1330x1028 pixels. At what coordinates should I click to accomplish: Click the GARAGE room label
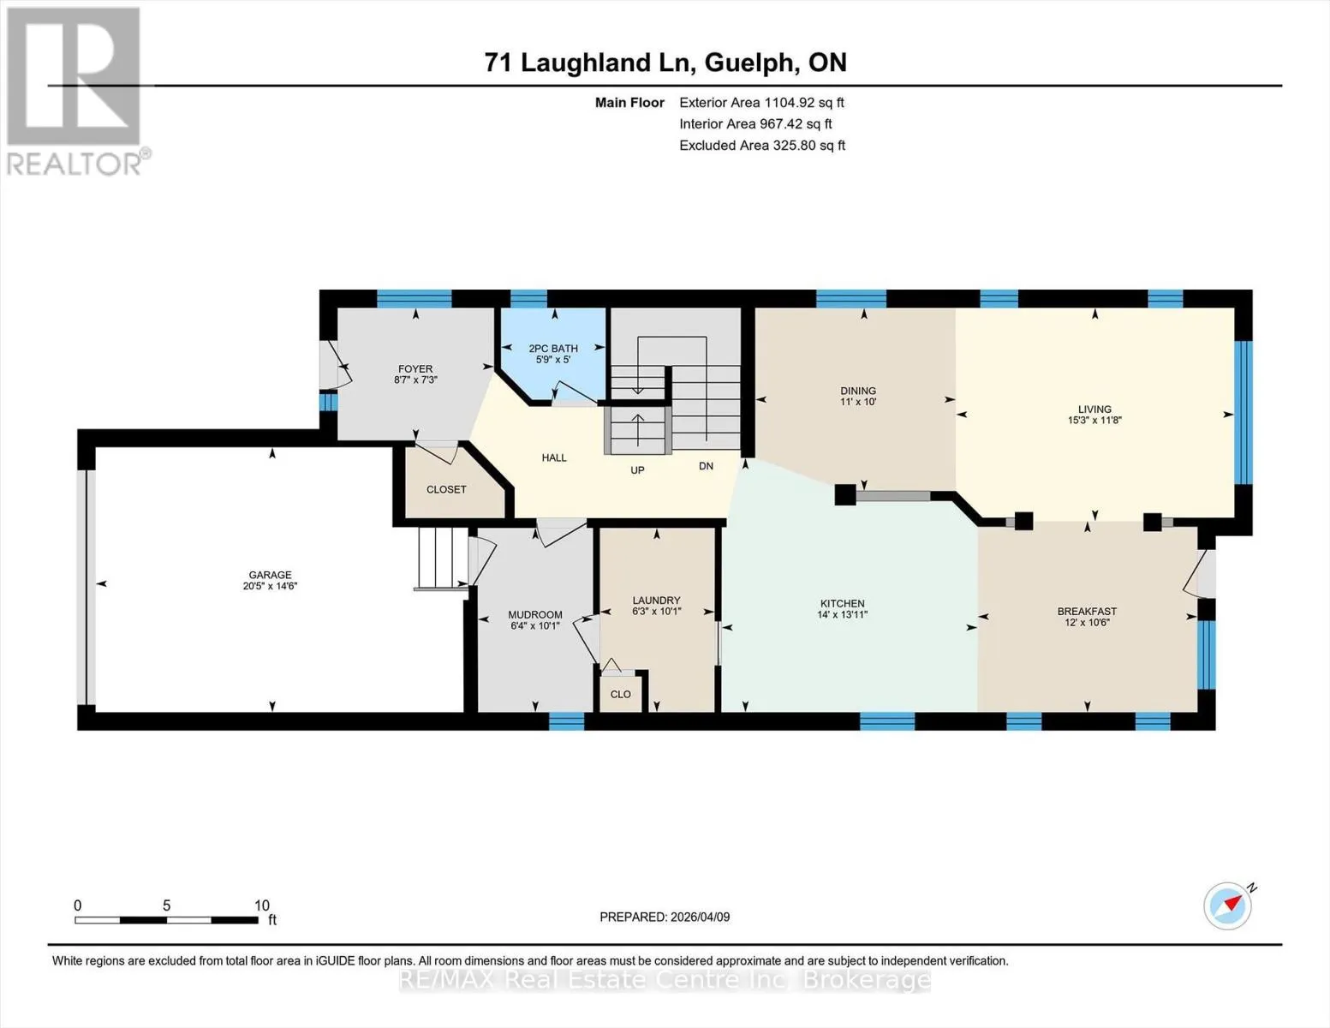coord(270,575)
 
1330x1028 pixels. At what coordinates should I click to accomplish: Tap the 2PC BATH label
coord(553,349)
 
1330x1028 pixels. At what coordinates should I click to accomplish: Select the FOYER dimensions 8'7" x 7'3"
coord(415,380)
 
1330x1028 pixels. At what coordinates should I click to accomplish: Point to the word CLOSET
coord(446,489)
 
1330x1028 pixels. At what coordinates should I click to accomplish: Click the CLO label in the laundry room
coord(621,694)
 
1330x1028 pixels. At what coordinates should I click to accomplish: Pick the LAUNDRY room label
coord(657,600)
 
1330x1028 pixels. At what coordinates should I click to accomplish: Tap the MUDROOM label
coord(535,615)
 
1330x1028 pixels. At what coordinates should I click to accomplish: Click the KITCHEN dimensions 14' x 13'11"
coord(842,614)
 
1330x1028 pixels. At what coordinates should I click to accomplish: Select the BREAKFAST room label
coord(1087,611)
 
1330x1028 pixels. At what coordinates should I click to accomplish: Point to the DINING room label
coord(858,391)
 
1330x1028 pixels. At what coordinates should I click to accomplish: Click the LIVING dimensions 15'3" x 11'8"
coord(1094,420)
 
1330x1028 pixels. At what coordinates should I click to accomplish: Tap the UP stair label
coord(637,470)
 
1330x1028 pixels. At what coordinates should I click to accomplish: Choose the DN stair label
coord(706,466)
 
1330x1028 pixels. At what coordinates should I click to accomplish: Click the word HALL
coord(554,457)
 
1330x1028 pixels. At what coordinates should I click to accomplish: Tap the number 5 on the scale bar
coord(166,905)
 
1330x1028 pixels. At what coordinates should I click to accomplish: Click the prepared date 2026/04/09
coord(701,917)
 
